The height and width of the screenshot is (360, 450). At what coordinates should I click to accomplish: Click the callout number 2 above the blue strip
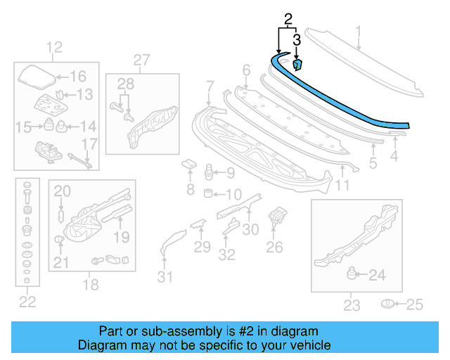pos(287,18)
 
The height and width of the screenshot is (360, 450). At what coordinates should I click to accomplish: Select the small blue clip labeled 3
pos(297,65)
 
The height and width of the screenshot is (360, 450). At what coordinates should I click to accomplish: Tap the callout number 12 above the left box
pos(54,48)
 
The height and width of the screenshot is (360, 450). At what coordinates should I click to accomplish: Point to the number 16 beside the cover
pos(77,77)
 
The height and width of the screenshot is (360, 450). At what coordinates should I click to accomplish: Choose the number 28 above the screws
pos(125,85)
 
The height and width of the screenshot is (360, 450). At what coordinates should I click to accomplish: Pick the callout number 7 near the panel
pos(209,86)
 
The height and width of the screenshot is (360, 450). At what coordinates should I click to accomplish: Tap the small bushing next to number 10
pos(209,193)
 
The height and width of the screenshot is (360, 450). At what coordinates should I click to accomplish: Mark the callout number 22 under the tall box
pos(27,302)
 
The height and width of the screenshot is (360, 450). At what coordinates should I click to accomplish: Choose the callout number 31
pos(164,276)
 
